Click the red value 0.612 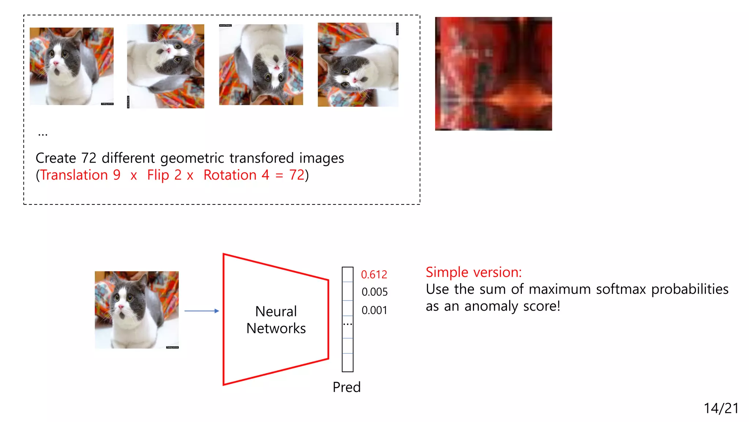[x=374, y=274]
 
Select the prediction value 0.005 [x=374, y=292]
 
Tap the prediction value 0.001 [x=374, y=310]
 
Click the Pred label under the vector [x=346, y=387]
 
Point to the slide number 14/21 [x=721, y=408]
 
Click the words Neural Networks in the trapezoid [x=276, y=320]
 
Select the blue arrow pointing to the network [x=202, y=311]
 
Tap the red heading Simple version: [x=474, y=272]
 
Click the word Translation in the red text [x=74, y=175]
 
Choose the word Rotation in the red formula [x=230, y=175]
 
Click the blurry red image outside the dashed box [x=493, y=74]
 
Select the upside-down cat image [x=261, y=65]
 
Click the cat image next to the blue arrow [x=137, y=310]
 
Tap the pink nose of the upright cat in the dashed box [x=56, y=64]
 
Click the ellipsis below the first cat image [x=43, y=135]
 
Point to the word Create [x=56, y=158]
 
